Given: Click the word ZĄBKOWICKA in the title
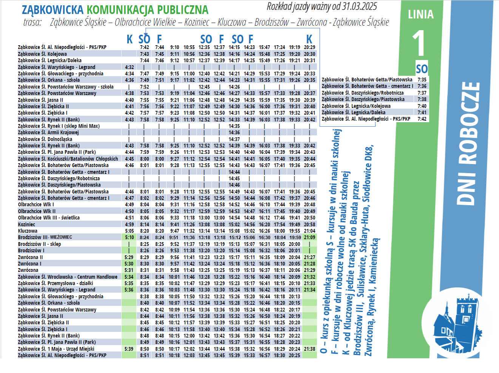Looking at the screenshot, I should coord(53,9).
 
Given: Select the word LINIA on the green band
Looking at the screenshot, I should coord(420,14).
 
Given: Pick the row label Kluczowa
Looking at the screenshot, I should coord(28,231).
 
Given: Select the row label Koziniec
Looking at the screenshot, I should coord(26,224).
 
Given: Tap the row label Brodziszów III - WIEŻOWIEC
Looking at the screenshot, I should coord(45,237).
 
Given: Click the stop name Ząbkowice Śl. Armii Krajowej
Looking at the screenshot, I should coord(48,132).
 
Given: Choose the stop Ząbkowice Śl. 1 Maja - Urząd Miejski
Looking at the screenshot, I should coord(56,349).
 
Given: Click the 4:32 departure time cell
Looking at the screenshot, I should coord(130,67).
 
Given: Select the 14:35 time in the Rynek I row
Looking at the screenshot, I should coord(234,126).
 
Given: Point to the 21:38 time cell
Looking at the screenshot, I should coord(309,349).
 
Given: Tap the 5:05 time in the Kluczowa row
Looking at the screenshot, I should coord(130,231).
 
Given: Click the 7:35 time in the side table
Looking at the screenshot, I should coord(422,80).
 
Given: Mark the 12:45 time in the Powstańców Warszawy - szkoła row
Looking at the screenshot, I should coord(204,87).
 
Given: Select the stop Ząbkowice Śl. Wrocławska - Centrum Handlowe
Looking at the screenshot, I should coord(68,277).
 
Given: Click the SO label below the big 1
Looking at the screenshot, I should coord(422,69).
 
